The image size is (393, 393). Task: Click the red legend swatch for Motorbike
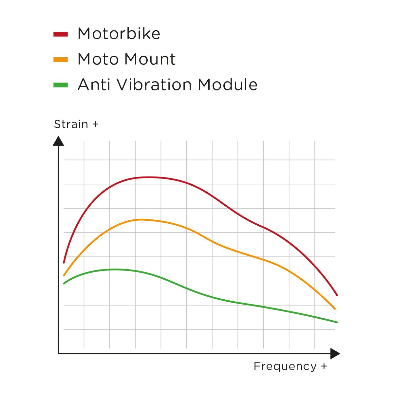pyautogui.click(x=61, y=34)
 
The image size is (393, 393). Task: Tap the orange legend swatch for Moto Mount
pyautogui.click(x=61, y=60)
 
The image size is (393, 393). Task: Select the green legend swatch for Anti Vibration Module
pyautogui.click(x=61, y=85)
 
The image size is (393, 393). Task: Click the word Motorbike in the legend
pyautogui.click(x=119, y=34)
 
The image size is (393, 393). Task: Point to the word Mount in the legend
pyautogui.click(x=150, y=59)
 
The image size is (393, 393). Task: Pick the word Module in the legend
pyautogui.click(x=228, y=84)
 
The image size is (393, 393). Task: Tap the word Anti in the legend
pyautogui.click(x=95, y=84)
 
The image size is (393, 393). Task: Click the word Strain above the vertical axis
pyautogui.click(x=71, y=124)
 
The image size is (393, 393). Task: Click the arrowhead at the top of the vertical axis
pyautogui.click(x=58, y=141)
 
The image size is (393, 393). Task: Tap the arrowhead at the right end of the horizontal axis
pyautogui.click(x=335, y=354)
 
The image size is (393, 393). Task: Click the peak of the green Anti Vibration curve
pyautogui.click(x=115, y=269)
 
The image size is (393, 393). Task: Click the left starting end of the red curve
pyautogui.click(x=64, y=263)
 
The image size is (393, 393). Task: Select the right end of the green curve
pyautogui.click(x=337, y=322)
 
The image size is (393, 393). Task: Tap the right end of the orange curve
pyautogui.click(x=335, y=309)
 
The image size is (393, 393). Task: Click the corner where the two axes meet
pyautogui.click(x=59, y=353)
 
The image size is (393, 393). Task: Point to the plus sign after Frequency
pyautogui.click(x=324, y=366)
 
